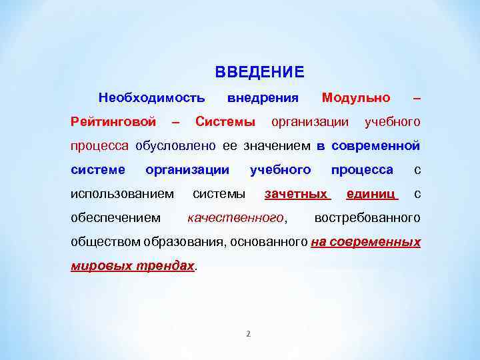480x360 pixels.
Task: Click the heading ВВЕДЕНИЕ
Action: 259,72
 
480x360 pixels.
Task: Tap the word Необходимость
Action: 151,98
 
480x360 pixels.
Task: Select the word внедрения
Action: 263,98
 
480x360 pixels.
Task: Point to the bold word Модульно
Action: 356,98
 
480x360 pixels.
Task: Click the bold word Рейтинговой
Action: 113,122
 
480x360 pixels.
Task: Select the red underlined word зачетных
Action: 297,194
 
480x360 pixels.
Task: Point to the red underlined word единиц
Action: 371,194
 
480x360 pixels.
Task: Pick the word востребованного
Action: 367,218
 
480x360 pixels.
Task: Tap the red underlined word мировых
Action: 96,265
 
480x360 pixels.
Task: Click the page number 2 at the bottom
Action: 248,334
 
